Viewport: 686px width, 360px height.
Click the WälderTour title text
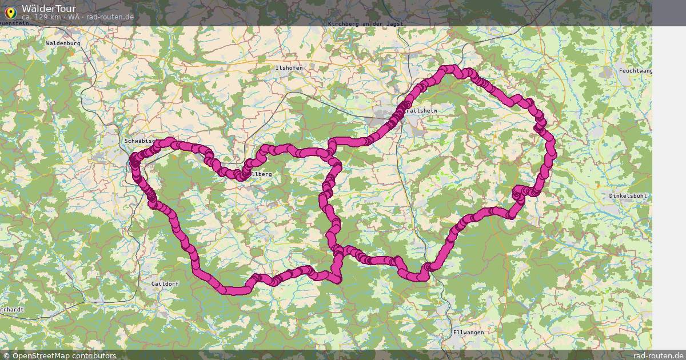tap(49, 8)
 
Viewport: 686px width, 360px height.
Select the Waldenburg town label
tap(63, 43)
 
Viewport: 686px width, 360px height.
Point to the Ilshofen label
tap(289, 67)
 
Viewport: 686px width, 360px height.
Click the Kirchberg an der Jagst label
tap(365, 24)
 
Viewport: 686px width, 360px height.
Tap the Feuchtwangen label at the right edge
tap(635, 70)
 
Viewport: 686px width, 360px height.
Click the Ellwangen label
tap(468, 332)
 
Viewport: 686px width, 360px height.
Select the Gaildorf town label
tap(166, 283)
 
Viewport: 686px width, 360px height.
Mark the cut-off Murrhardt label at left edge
tap(12, 309)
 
